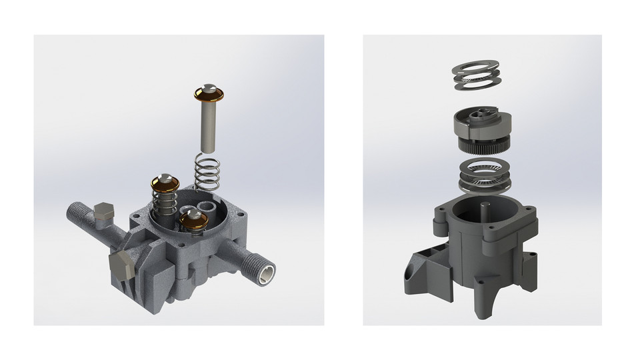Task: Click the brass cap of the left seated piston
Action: (164, 182)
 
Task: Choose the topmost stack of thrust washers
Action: (476, 74)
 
